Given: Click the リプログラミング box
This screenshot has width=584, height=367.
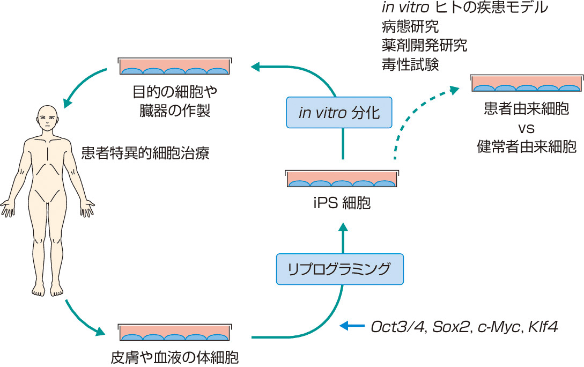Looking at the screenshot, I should click(x=339, y=269).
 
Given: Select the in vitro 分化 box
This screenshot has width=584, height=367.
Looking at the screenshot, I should click(x=339, y=113).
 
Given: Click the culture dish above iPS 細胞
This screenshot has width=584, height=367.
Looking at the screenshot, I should click(x=342, y=179).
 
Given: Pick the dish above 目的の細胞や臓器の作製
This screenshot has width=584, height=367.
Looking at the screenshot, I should click(x=175, y=67).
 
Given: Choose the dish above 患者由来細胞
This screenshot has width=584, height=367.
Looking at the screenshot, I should click(x=527, y=84).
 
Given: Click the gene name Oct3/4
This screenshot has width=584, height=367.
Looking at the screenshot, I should click(x=394, y=326).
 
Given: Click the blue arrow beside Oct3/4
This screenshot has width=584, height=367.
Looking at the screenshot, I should click(x=352, y=326).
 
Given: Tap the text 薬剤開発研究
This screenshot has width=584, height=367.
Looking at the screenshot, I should click(x=423, y=45).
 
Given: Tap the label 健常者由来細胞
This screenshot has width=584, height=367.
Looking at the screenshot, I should click(x=526, y=146).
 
